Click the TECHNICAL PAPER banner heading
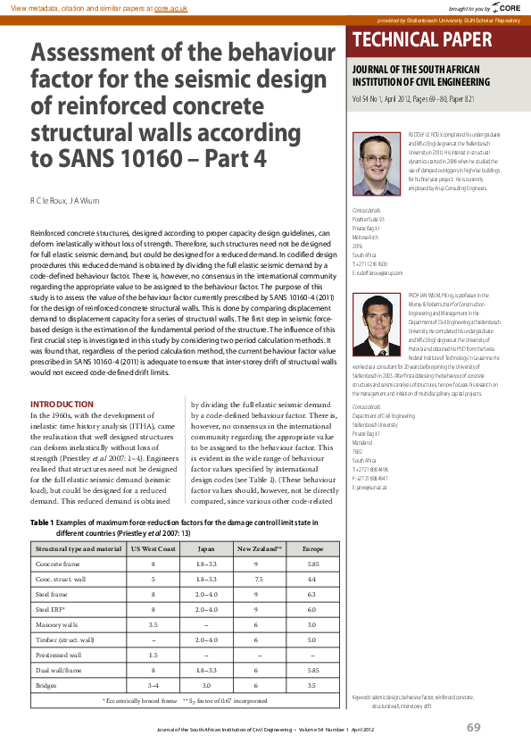422,39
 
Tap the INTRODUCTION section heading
62,405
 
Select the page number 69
474,727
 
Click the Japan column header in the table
205,548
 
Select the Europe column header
312,548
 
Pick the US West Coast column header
153,548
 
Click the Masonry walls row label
57,624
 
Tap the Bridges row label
46,685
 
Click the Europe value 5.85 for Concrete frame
312,564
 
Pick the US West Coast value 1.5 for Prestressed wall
153,655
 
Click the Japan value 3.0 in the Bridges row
205,685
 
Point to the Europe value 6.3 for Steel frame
312,594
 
